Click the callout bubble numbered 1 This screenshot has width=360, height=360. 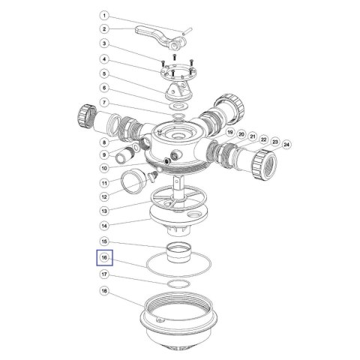104,16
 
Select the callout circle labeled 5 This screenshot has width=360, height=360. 104,73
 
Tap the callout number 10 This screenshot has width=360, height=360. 104,168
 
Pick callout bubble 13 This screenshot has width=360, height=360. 104,211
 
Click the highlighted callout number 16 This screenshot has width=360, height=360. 104,257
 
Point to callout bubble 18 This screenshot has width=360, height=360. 104,291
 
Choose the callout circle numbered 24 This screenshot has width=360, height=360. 286,145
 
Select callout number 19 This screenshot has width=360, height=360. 229,132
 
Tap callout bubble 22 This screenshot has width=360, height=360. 264,139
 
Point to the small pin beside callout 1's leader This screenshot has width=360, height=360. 187,31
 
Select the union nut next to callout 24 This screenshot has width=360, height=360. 264,164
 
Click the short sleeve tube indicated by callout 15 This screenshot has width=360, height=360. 178,253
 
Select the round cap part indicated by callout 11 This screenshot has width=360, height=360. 133,181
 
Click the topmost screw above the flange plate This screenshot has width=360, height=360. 175,56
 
